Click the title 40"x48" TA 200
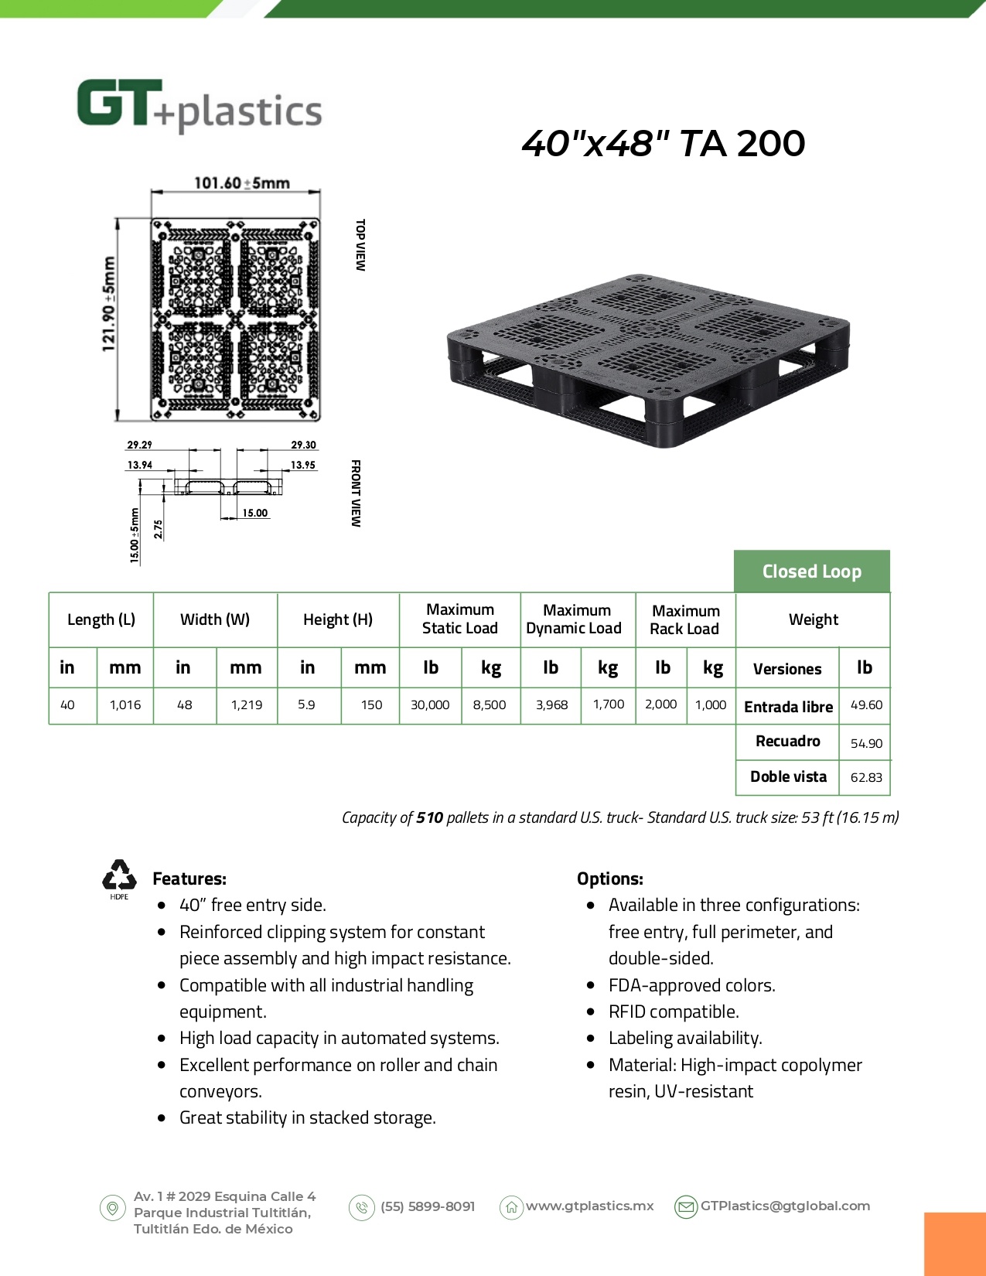pyautogui.click(x=663, y=144)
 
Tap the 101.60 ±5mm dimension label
pyautogui.click(x=241, y=183)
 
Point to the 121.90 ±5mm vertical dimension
pyautogui.click(x=109, y=304)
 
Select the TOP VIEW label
pyautogui.click(x=360, y=245)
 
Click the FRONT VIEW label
pyautogui.click(x=356, y=493)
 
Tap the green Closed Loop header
pyautogui.click(x=811, y=571)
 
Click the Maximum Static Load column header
pyautogui.click(x=459, y=619)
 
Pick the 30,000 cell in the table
pyautogui.click(x=430, y=705)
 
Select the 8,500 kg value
pyautogui.click(x=490, y=705)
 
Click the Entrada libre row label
pyautogui.click(x=788, y=707)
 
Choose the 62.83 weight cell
pyautogui.click(x=866, y=777)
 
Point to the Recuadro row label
pyautogui.click(x=787, y=741)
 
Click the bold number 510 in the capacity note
pyautogui.click(x=429, y=817)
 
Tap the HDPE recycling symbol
pyautogui.click(x=119, y=878)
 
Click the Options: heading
pyautogui.click(x=609, y=879)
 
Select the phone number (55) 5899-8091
pyautogui.click(x=428, y=1206)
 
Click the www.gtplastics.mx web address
pyautogui.click(x=589, y=1206)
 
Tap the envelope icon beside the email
pyautogui.click(x=686, y=1206)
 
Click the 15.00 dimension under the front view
pyautogui.click(x=254, y=513)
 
